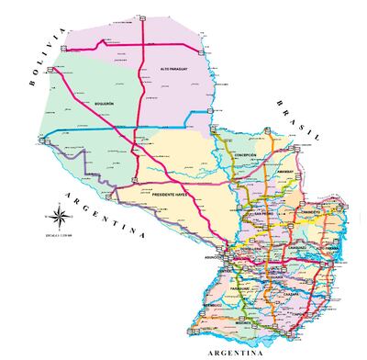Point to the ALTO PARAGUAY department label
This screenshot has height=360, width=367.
[x=178, y=69]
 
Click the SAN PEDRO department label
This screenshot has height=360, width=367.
[x=264, y=215]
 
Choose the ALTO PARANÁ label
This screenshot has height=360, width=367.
[x=328, y=248]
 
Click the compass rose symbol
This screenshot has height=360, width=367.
[x=57, y=219]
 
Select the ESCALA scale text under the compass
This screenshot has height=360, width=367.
[x=57, y=236]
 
